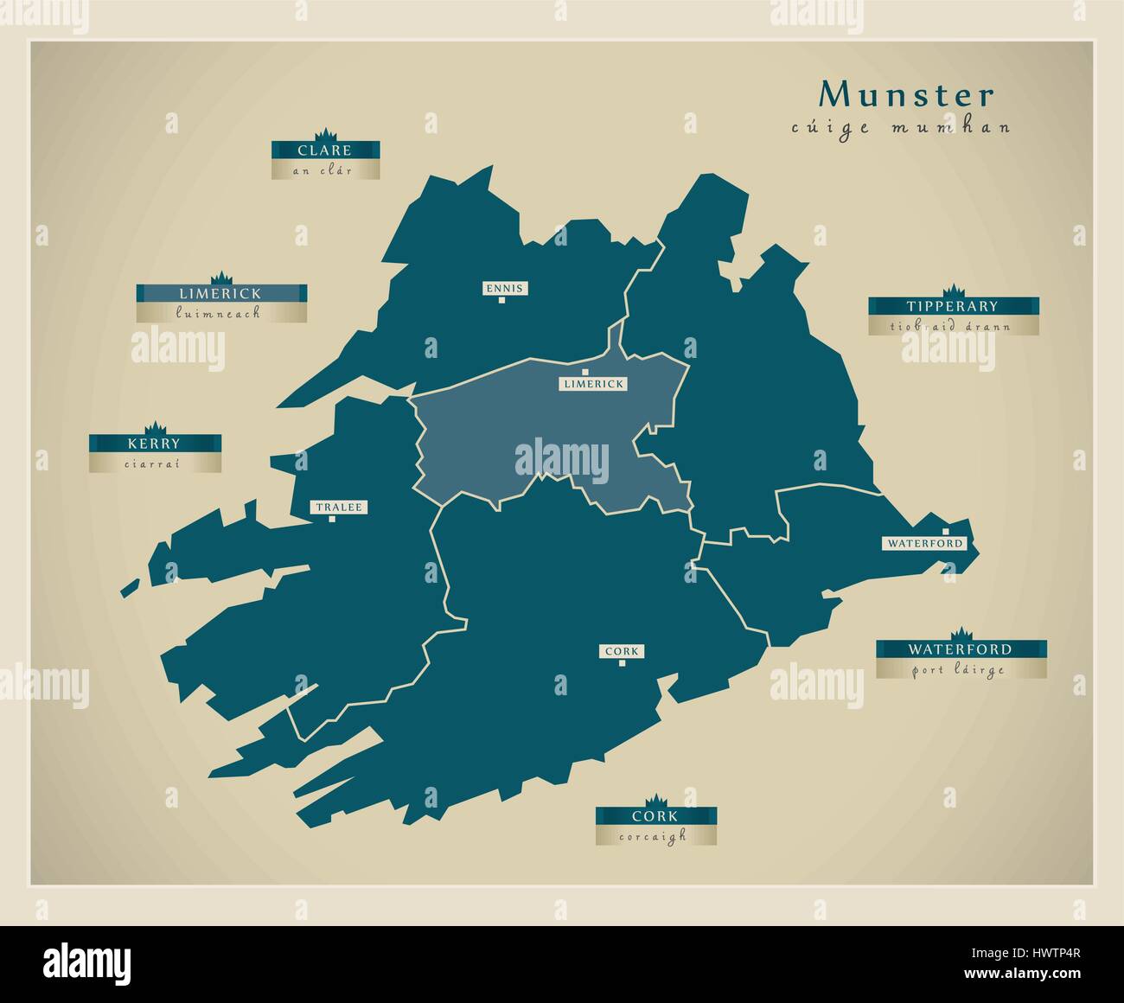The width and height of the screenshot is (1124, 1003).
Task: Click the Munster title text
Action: tap(907, 94)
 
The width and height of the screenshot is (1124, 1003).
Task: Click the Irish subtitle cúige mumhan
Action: tap(901, 128)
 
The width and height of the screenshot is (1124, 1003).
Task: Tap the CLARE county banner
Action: tap(324, 150)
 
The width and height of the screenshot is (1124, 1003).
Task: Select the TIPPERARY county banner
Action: tap(952, 306)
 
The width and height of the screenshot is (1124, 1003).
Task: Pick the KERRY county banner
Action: tap(154, 444)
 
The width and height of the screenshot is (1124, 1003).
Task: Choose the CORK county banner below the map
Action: tap(655, 816)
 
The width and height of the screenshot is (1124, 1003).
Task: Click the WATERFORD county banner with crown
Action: tap(960, 648)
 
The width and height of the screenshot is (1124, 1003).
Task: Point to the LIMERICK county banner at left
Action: tap(220, 293)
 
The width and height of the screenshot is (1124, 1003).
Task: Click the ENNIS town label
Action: tap(504, 288)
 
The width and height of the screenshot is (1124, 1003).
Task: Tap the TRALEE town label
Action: tap(338, 508)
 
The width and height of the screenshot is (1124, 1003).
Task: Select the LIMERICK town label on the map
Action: tap(592, 383)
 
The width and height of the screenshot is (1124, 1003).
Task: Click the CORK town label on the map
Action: tap(623, 651)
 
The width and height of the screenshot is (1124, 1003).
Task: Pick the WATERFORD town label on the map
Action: tap(923, 543)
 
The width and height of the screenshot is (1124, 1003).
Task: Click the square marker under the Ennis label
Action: tap(502, 301)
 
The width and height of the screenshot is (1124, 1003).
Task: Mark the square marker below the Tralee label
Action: tap(332, 520)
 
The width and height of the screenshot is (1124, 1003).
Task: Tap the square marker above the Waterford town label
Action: tap(946, 531)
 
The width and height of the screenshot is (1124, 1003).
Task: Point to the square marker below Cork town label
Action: tap(623, 664)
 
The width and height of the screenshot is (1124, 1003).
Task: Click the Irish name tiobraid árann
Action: tap(952, 326)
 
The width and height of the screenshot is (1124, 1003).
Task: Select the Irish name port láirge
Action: tap(960, 669)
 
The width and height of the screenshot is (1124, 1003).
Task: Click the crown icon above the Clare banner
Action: tap(325, 134)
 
